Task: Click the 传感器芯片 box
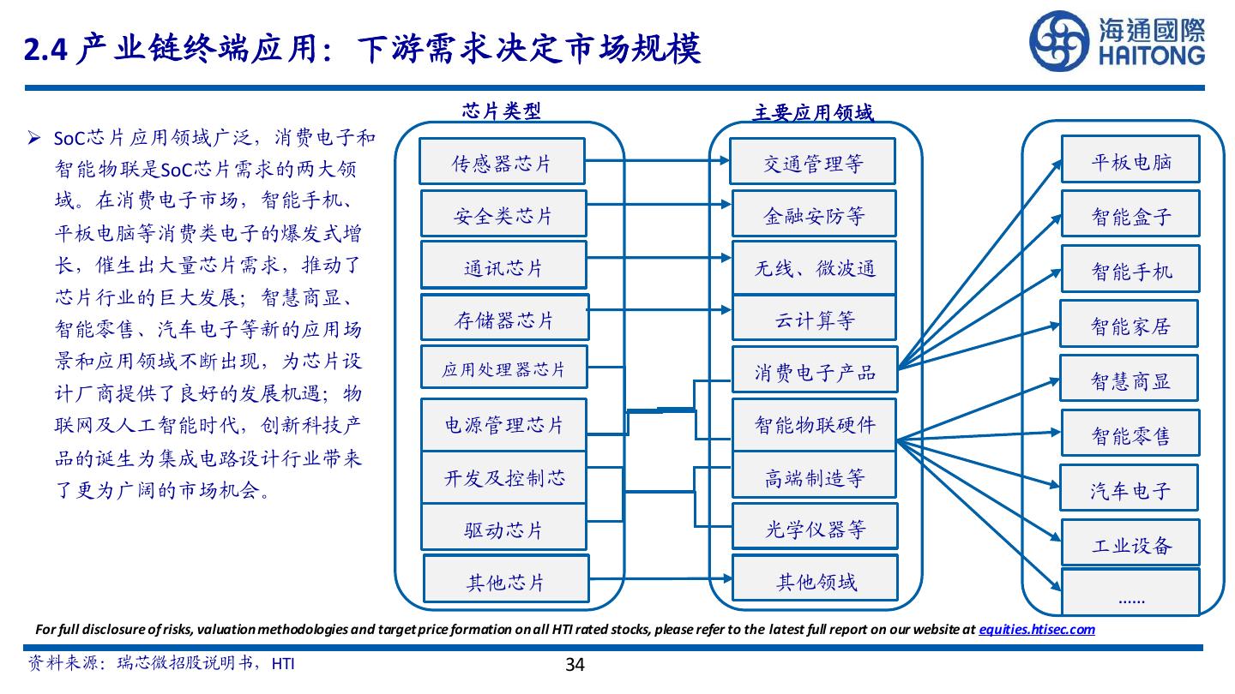tap(502, 161)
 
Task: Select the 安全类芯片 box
tap(503, 214)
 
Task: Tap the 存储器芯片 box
tap(504, 319)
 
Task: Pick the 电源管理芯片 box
tap(503, 425)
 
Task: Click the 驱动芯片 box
tap(503, 529)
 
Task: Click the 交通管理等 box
tap(812, 161)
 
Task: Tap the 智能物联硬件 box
tap(814, 424)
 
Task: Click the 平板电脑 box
tap(1130, 160)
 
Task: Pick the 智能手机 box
tap(1130, 270)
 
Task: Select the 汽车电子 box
tap(1130, 489)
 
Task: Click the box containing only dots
tap(1130, 593)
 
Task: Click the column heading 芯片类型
tap(502, 111)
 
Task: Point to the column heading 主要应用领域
tap(812, 112)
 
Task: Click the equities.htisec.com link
tap(1036, 629)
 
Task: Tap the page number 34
tap(575, 664)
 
